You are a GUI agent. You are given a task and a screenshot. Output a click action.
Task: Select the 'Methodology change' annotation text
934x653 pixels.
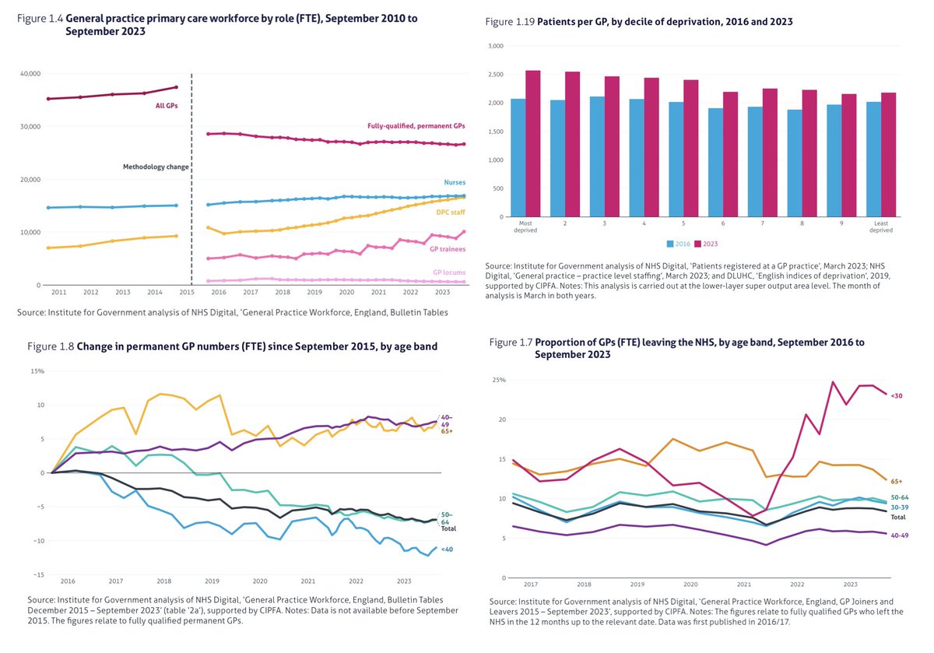tap(156, 167)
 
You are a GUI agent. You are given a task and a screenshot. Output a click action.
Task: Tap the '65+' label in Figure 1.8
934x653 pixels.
tap(447, 431)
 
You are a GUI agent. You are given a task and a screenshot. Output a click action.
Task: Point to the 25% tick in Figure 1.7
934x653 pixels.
tap(499, 380)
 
